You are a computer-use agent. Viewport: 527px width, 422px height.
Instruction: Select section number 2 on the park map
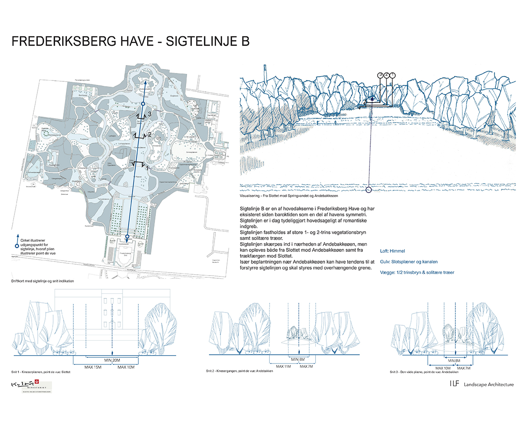[x=149, y=135]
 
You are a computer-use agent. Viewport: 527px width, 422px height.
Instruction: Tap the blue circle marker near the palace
[x=127, y=237]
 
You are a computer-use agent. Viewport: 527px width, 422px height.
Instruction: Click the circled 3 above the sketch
[x=380, y=75]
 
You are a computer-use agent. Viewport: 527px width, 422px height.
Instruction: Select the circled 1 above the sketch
[x=393, y=75]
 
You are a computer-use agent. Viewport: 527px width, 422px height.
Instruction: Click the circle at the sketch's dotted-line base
[x=368, y=190]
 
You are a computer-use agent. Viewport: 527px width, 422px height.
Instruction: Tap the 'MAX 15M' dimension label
[x=93, y=367]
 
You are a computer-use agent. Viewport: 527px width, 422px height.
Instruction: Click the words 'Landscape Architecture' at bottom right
[x=486, y=385]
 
